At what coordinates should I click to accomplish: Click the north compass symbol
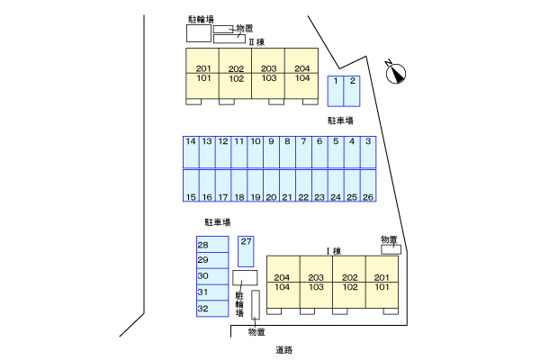(395, 73)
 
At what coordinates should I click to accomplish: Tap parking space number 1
(335, 90)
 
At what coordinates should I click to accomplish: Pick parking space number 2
(352, 90)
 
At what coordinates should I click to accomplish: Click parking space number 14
(191, 152)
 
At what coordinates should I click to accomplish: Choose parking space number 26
(368, 185)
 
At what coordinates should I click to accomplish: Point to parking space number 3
(368, 152)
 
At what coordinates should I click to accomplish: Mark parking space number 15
(191, 185)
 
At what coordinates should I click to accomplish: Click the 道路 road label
(285, 348)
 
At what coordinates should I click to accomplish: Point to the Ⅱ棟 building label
(256, 42)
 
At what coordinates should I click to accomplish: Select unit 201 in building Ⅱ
(202, 69)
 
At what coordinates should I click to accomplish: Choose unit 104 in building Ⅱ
(301, 78)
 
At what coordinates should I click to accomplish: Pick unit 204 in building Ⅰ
(283, 277)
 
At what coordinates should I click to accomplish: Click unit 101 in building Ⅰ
(382, 287)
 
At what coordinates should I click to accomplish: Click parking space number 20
(271, 185)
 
